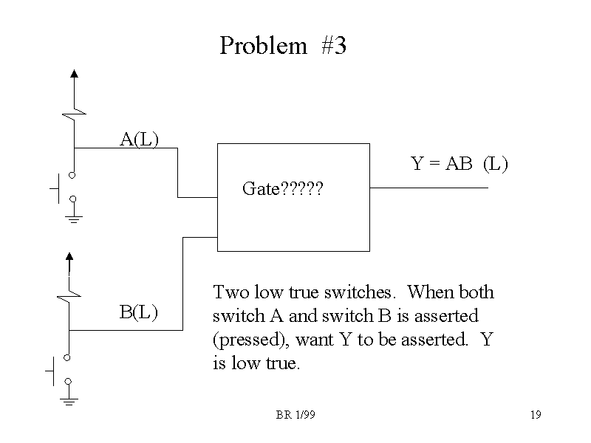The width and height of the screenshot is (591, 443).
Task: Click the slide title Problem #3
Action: tap(283, 47)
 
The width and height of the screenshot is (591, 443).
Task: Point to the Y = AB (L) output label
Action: tap(459, 164)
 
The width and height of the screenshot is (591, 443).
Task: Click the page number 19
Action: tap(536, 416)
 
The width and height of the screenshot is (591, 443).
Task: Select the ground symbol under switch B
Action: tap(69, 401)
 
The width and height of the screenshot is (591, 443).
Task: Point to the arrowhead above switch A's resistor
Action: tap(74, 73)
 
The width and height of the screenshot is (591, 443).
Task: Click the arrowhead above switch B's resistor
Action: tap(69, 257)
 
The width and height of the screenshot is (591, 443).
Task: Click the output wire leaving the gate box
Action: tap(428, 188)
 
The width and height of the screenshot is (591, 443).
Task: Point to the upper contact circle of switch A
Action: tap(73, 175)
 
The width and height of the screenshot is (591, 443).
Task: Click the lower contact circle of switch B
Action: tap(69, 381)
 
